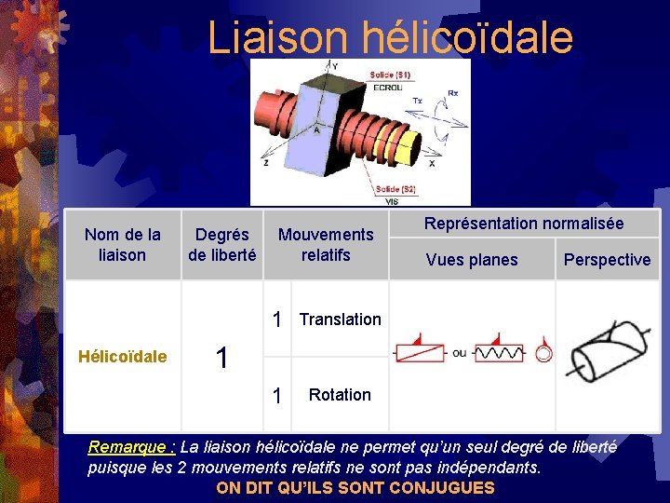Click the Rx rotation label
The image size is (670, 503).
coord(452,93)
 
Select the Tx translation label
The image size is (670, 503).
coord(417,101)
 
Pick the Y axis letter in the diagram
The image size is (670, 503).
coord(333,65)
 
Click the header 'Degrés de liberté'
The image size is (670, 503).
coord(222,245)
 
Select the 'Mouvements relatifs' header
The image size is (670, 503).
coord(326,245)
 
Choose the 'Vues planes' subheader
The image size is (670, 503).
coord(472,260)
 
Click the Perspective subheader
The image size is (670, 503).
coord(607,260)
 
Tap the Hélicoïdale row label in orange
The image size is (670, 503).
coord(123,356)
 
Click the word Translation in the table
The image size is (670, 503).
coord(340,319)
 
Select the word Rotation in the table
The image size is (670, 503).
coord(340,395)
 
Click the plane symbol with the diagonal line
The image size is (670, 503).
coord(419,351)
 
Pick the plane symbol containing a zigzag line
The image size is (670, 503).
coord(502,351)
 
